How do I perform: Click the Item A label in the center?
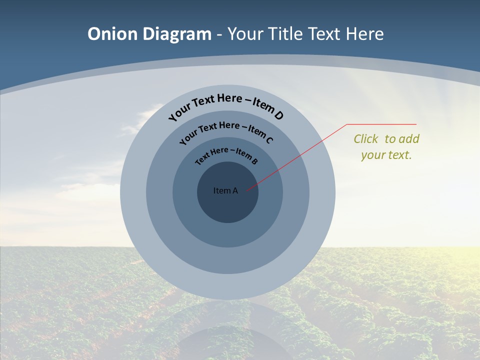coord(225,190)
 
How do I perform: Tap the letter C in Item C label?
coord(269,139)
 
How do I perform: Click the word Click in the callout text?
coord(366,139)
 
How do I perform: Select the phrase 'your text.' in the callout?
coord(386,155)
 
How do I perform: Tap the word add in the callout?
coord(409,139)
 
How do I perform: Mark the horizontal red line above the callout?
coord(382,124)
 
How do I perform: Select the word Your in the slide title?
coord(246,34)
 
